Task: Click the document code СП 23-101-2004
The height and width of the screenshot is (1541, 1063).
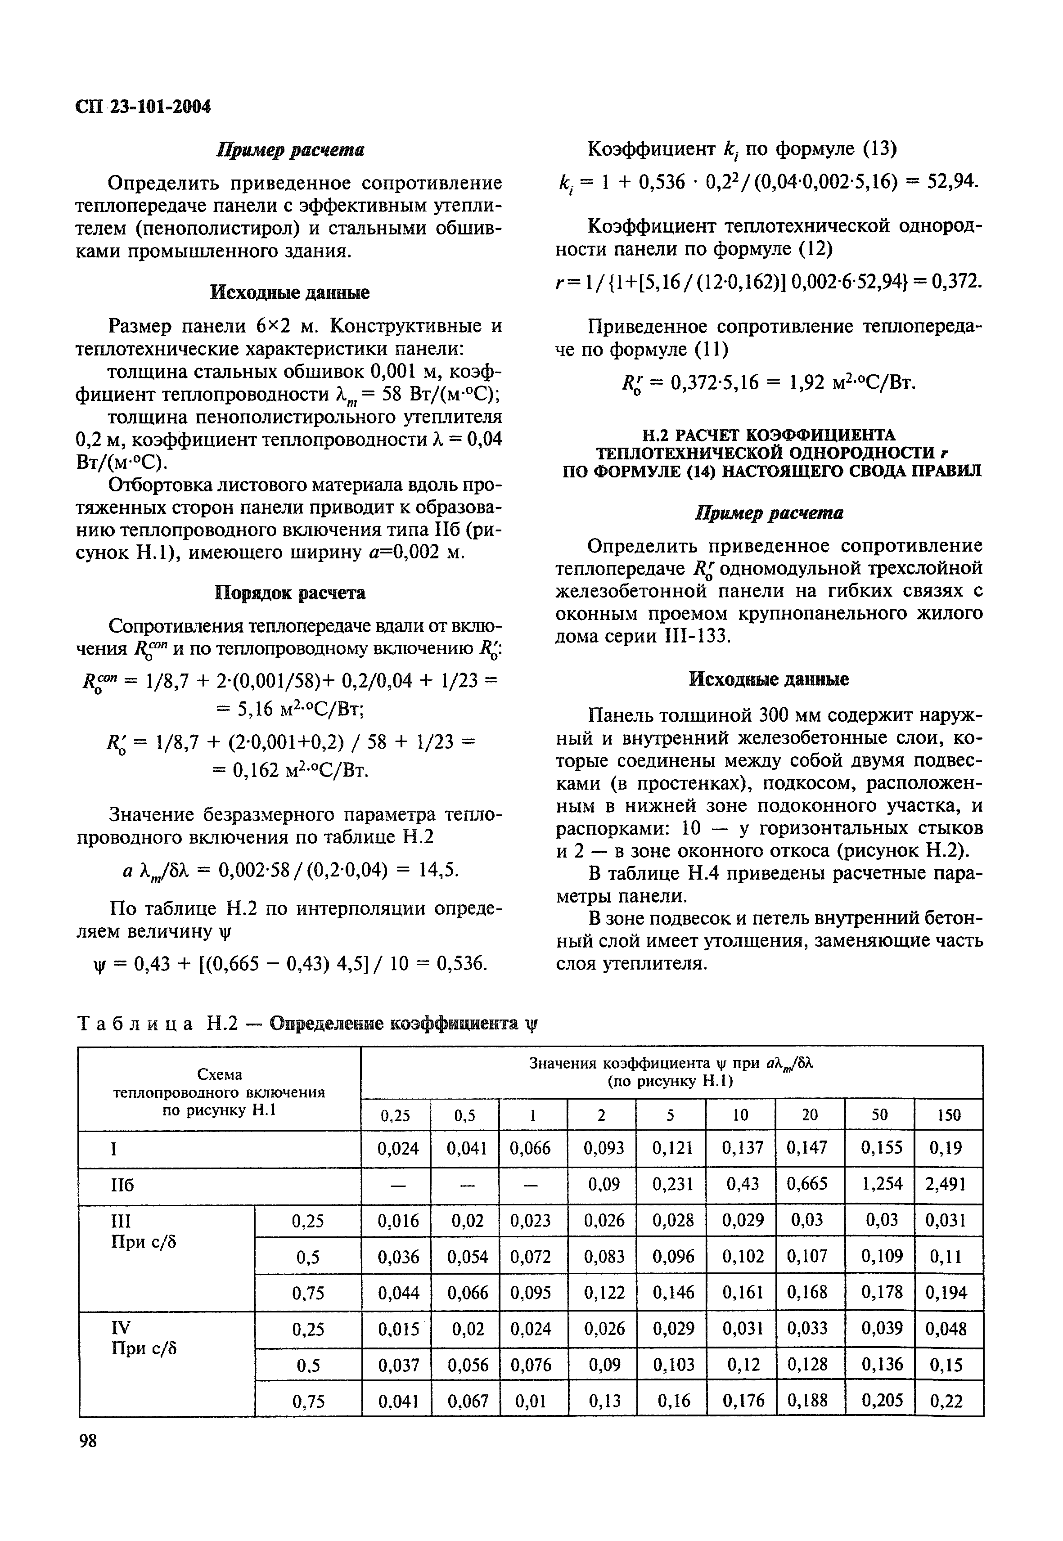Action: click(x=143, y=107)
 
